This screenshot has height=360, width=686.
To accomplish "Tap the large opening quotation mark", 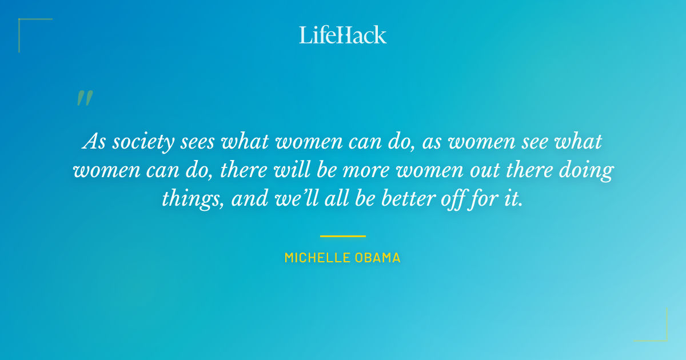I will click(x=84, y=99).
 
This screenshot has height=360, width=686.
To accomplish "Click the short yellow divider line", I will click(x=343, y=236).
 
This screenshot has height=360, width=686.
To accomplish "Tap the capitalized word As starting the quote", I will click(x=93, y=142).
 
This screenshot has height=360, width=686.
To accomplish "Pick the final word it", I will click(x=515, y=199).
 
